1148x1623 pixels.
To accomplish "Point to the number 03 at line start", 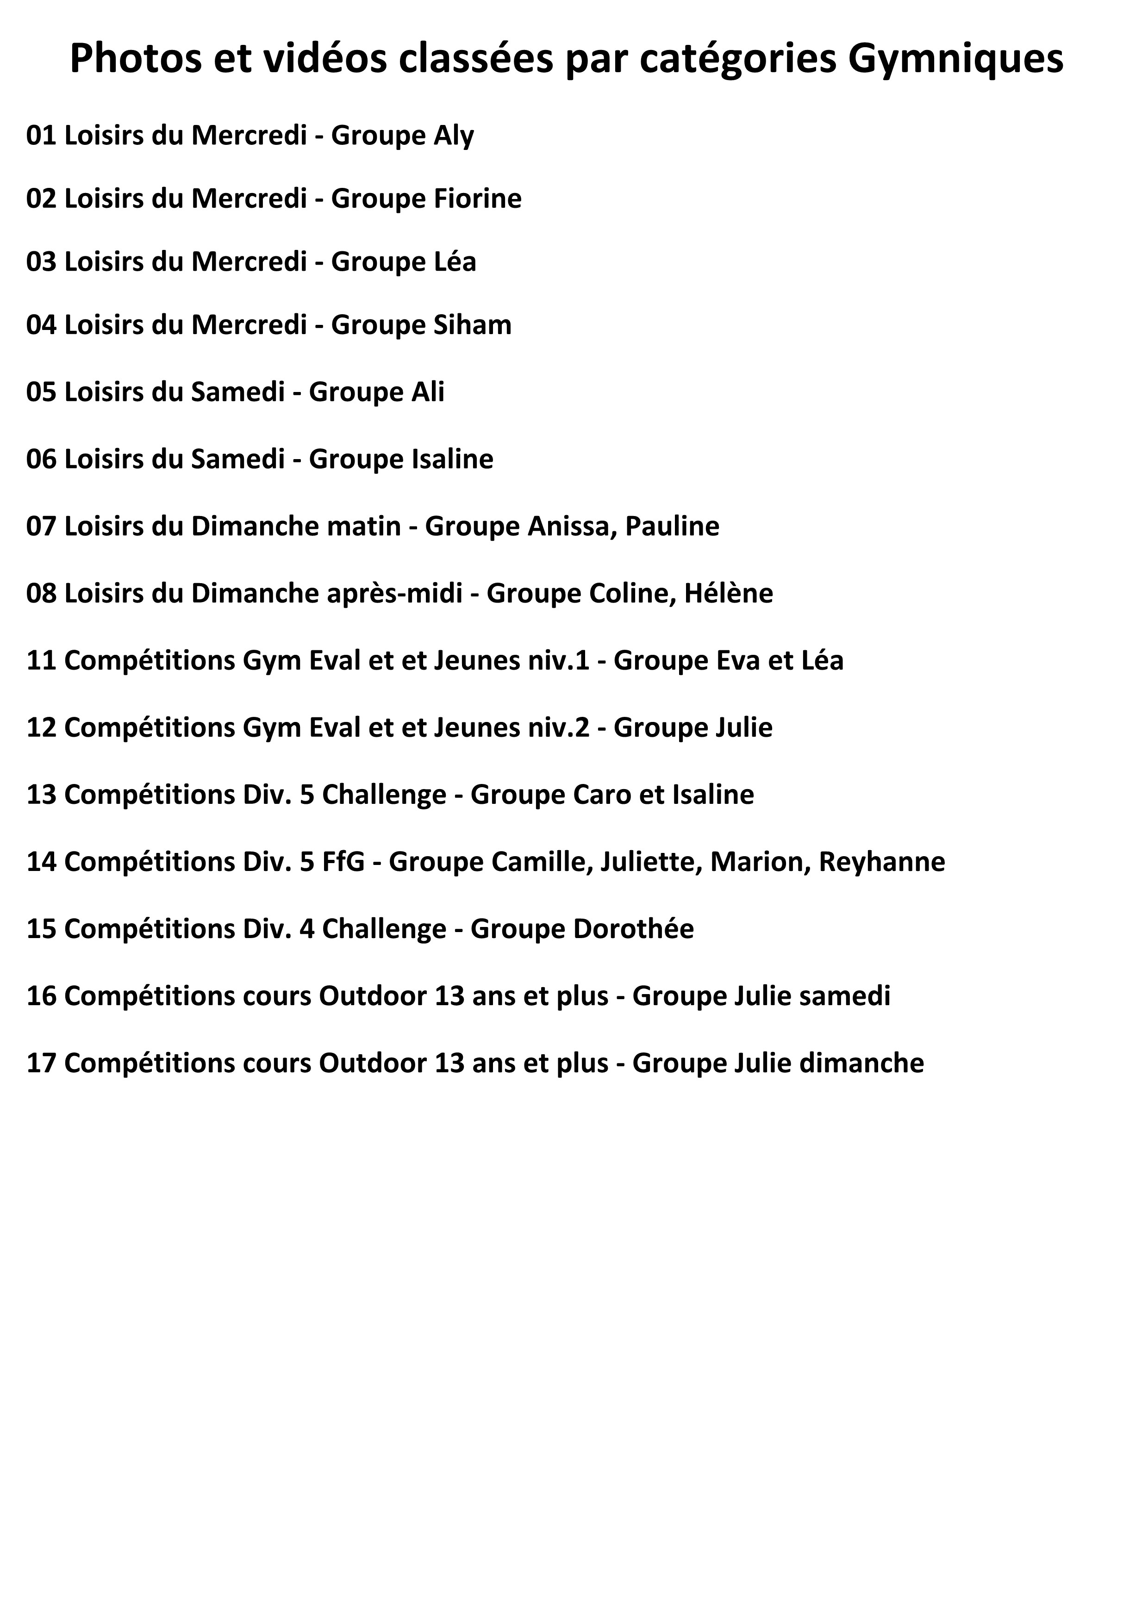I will point(41,262).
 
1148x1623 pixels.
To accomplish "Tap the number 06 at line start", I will point(41,460).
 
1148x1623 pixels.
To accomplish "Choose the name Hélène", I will point(729,593).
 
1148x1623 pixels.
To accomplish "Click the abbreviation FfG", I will point(343,862).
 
